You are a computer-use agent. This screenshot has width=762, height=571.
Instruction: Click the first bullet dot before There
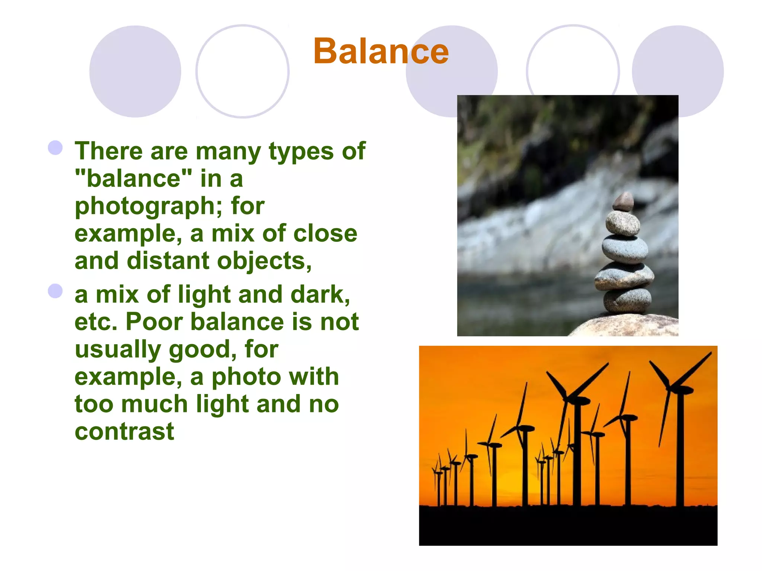click(x=55, y=148)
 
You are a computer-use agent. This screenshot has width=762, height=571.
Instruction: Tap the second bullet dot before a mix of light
click(x=55, y=291)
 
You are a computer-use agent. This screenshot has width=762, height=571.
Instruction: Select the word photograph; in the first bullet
click(x=148, y=207)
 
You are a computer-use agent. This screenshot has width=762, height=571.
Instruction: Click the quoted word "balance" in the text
click(x=133, y=178)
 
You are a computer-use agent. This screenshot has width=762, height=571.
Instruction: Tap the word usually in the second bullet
click(x=118, y=349)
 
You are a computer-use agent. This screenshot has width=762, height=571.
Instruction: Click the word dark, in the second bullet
click(x=320, y=294)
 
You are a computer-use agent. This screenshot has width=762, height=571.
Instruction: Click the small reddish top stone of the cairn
click(x=623, y=202)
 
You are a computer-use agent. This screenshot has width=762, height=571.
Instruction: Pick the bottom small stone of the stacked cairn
click(x=627, y=300)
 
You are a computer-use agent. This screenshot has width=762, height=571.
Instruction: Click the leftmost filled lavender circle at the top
click(x=135, y=71)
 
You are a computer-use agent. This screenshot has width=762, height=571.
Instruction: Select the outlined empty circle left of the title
click(x=242, y=71)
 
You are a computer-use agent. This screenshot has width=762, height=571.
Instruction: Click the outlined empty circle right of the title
click(x=573, y=63)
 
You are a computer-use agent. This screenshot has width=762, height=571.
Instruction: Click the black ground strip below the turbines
click(x=568, y=526)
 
